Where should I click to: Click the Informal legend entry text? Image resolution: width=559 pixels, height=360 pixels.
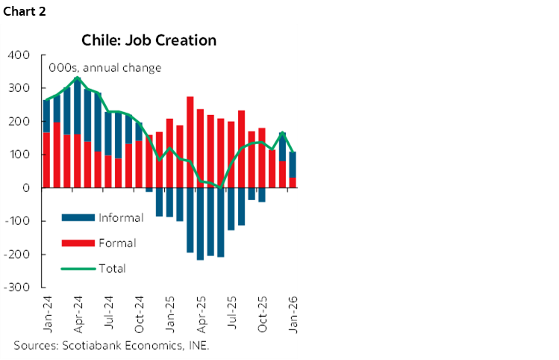click(x=120, y=218)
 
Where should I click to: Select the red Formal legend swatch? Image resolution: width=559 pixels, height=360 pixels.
click(x=79, y=243)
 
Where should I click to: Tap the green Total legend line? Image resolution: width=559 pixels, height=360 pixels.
click(x=79, y=268)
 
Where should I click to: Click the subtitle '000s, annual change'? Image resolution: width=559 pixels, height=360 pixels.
click(x=104, y=68)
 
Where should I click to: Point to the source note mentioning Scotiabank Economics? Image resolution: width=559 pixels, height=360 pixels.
click(x=112, y=345)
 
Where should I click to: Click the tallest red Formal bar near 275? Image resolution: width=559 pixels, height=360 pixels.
click(x=190, y=142)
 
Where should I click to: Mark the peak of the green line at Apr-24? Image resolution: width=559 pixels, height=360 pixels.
click(x=78, y=78)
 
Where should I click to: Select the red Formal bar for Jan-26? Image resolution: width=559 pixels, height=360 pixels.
click(x=292, y=182)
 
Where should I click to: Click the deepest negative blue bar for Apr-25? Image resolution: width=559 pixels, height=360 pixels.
click(x=200, y=224)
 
